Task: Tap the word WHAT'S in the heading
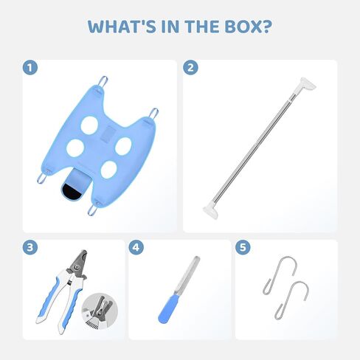pyautogui.click(x=122, y=27)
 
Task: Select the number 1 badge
pyautogui.click(x=30, y=67)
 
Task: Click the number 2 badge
pyautogui.click(x=190, y=67)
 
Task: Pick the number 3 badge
pyautogui.click(x=30, y=247)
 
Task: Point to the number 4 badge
pyautogui.click(x=136, y=247)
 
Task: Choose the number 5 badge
pyautogui.click(x=243, y=247)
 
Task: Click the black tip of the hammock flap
pyautogui.click(x=72, y=192)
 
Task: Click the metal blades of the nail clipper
pyautogui.click(x=79, y=264)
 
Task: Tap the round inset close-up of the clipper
pyautogui.click(x=100, y=311)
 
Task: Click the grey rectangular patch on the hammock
pyautogui.click(x=107, y=134)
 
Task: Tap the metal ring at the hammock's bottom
pyautogui.click(x=92, y=210)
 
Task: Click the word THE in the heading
pyautogui.click(x=202, y=27)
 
